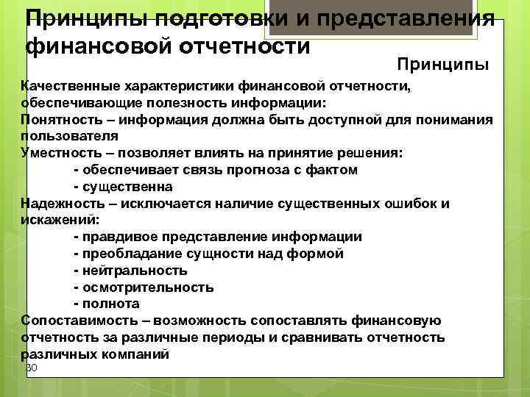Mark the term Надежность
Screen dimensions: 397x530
point(62,204)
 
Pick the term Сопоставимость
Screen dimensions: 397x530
point(77,321)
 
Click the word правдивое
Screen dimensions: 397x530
point(118,237)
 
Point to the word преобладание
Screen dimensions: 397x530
point(126,254)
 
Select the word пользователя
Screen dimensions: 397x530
point(70,137)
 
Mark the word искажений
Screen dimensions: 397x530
point(59,220)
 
